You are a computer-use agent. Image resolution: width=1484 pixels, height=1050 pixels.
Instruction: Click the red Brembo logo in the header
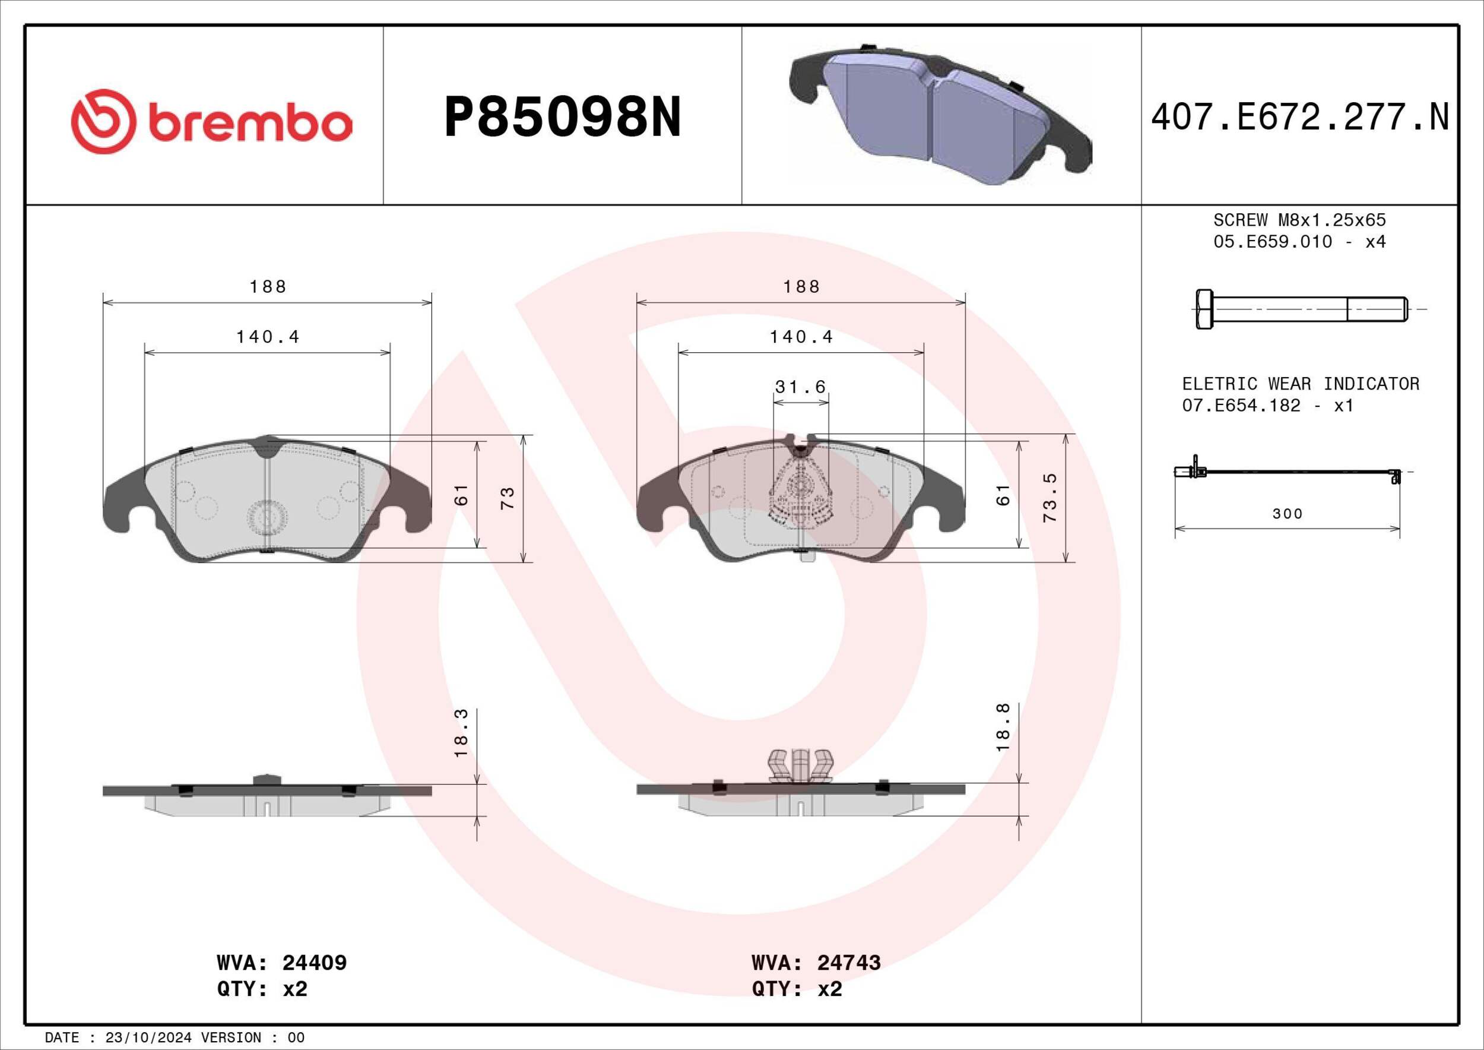point(211,122)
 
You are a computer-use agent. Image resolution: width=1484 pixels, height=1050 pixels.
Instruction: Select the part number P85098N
point(562,118)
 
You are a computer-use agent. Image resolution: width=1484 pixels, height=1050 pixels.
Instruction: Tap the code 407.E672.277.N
point(1301,118)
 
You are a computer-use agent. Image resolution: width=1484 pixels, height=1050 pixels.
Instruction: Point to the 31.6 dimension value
point(800,387)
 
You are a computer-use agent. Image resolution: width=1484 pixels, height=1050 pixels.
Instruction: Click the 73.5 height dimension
point(1049,497)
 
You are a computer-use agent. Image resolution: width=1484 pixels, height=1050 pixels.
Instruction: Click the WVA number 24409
point(314,963)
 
